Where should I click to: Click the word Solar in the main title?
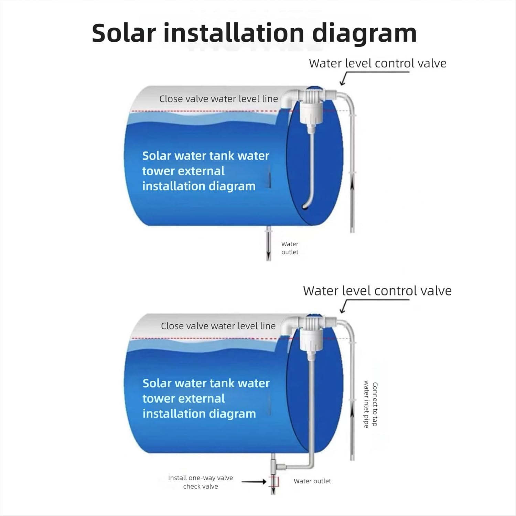coord(124,33)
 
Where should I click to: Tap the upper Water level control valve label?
coord(377,63)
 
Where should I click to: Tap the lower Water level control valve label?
coord(377,291)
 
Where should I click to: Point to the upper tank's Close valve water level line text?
coord(218,99)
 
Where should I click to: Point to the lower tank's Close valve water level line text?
coord(218,326)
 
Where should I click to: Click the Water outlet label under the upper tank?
coord(290,248)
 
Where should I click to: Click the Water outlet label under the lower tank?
coord(312,481)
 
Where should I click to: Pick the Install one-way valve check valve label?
coord(201,482)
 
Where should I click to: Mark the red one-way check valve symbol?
coord(273,482)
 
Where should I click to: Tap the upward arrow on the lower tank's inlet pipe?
coord(352,416)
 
